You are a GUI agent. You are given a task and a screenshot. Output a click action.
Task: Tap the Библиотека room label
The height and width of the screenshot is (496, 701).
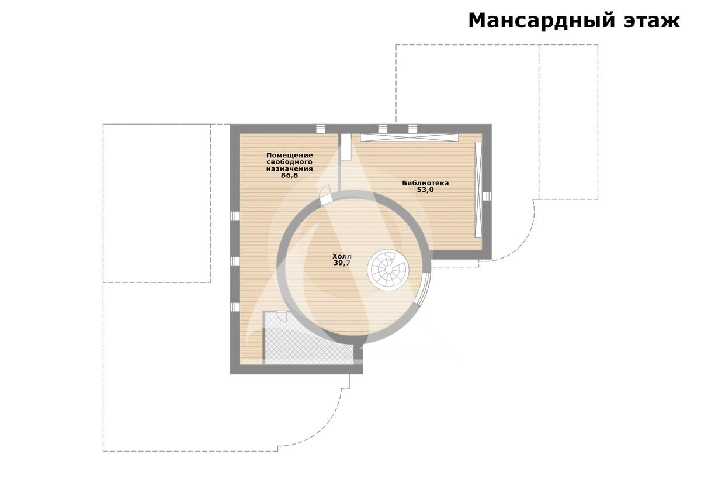(x=425, y=183)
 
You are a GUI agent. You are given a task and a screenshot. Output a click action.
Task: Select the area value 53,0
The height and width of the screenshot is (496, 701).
(x=425, y=190)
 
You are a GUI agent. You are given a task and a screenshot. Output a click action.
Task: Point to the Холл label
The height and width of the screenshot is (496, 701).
(x=342, y=256)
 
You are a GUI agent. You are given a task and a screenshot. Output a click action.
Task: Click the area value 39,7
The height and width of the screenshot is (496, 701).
(x=342, y=263)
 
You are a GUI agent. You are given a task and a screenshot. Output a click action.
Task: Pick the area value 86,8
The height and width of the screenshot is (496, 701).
(x=290, y=175)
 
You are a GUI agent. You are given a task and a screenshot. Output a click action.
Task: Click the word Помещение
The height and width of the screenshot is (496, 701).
(x=290, y=156)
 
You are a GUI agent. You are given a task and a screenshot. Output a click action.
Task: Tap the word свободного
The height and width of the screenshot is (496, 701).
(x=290, y=162)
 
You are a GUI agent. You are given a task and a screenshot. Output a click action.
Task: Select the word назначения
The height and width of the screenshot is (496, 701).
(x=290, y=168)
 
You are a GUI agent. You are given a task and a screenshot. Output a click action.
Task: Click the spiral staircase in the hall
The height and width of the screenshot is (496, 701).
(x=388, y=270)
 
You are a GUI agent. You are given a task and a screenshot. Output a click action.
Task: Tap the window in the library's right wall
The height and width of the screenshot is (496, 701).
(x=487, y=196)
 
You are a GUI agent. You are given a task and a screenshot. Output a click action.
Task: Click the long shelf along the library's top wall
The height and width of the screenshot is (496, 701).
(x=409, y=137)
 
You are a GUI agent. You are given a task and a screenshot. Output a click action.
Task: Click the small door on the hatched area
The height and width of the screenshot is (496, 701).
(x=282, y=316)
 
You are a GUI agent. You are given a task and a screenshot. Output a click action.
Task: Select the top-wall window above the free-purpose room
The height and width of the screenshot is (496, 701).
(x=320, y=129)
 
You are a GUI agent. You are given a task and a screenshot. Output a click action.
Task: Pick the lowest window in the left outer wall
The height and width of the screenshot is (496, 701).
(x=235, y=307)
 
